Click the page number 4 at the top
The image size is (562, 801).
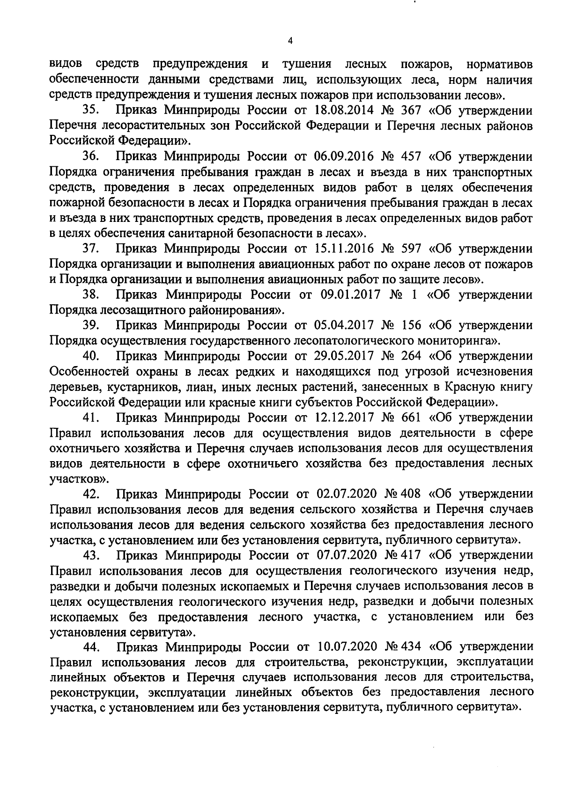[289, 41]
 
